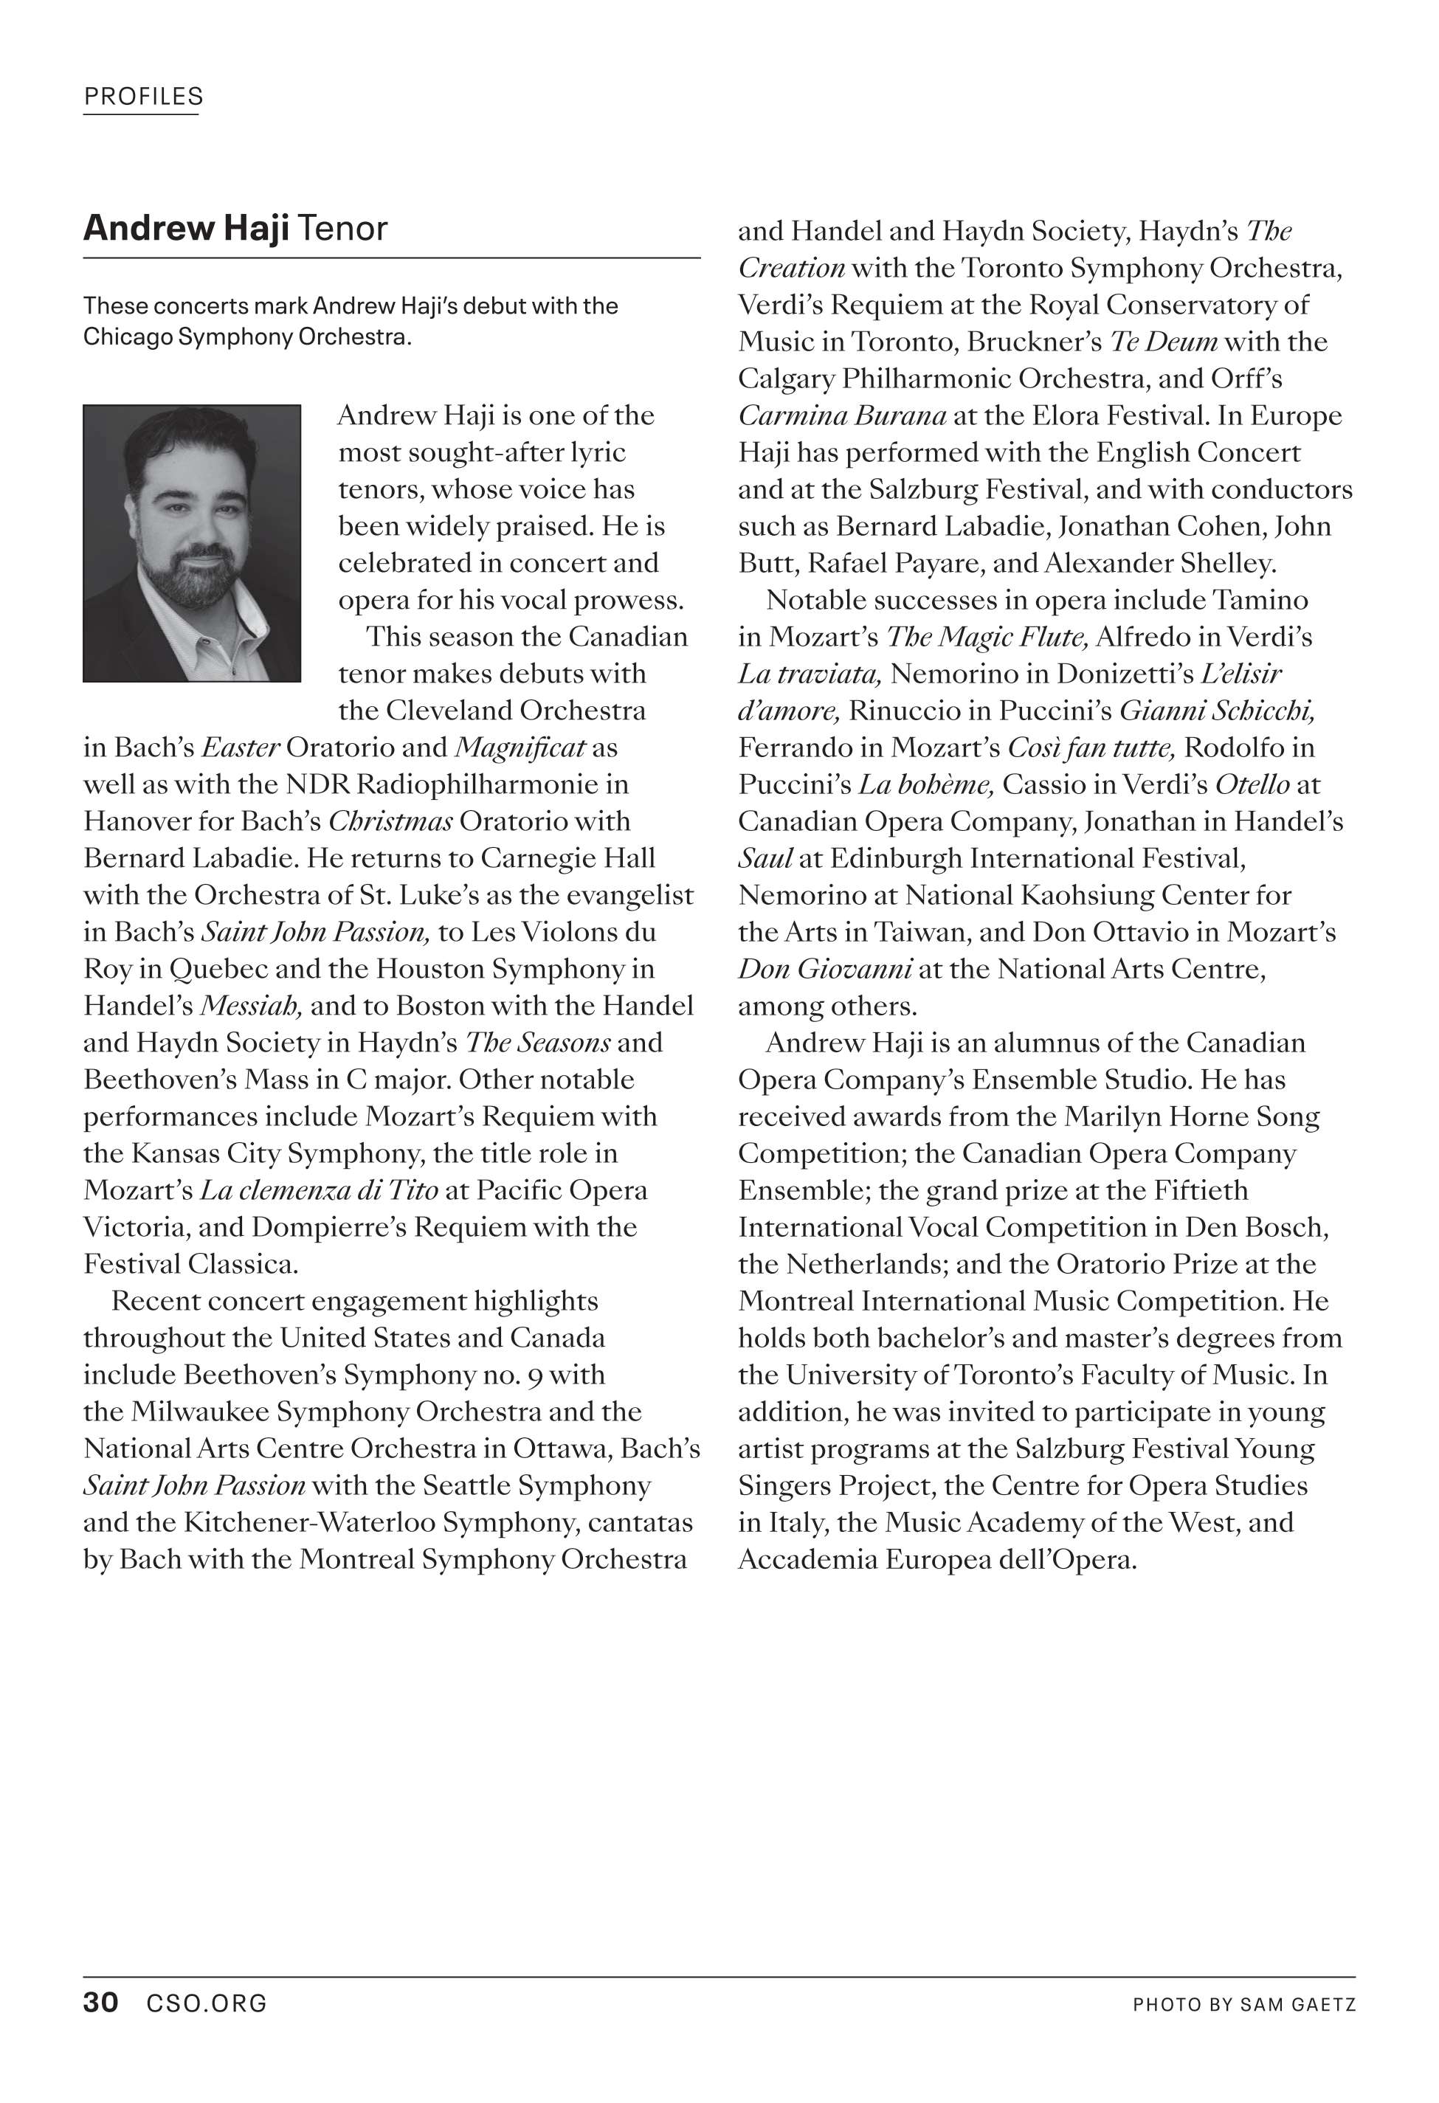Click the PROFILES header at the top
click(x=143, y=97)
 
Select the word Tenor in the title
click(x=342, y=228)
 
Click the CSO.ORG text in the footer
click(x=207, y=2003)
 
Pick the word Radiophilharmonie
click(x=475, y=784)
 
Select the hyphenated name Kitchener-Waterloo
click(x=308, y=1522)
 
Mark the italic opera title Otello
click(x=1252, y=784)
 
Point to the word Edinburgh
click(x=894, y=858)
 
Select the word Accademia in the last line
click(x=807, y=1559)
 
